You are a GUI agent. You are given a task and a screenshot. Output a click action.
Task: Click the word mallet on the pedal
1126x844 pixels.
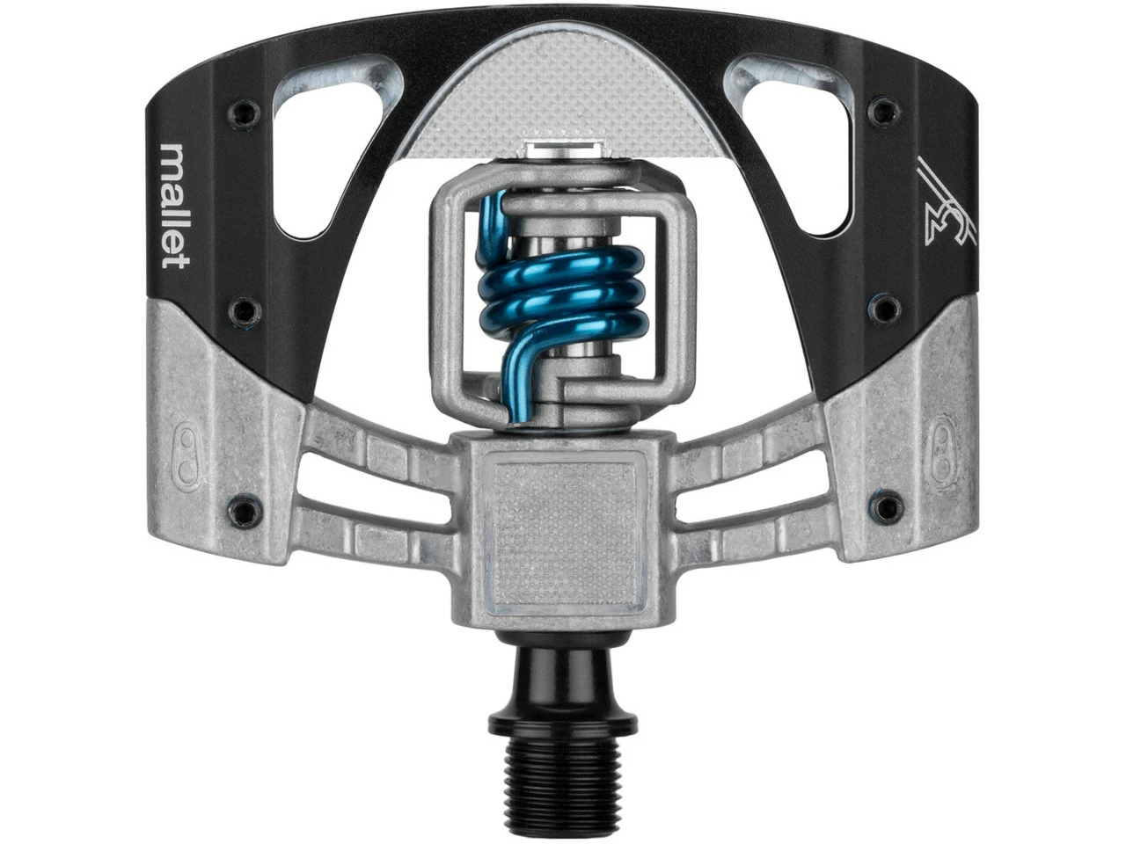(175, 206)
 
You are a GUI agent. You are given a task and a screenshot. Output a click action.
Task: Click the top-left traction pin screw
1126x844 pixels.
(244, 112)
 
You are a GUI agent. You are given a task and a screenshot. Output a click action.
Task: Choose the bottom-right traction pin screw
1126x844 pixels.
(889, 506)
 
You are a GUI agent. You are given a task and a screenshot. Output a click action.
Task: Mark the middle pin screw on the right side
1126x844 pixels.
(885, 308)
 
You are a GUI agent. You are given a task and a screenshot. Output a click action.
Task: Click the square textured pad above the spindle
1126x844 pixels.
(564, 523)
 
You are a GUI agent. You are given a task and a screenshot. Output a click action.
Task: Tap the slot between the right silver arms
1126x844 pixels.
(748, 478)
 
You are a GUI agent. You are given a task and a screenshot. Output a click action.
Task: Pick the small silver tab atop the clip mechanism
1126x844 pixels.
(563, 151)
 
